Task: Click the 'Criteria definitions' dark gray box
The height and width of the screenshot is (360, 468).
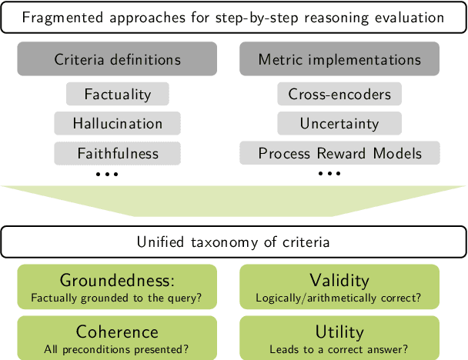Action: click(118, 60)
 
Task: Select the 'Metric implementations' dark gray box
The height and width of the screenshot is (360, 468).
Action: click(339, 60)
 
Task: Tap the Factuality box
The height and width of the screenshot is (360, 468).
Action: click(118, 95)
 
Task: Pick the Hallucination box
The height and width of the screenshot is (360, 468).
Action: click(118, 123)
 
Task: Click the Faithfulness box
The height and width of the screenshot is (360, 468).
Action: click(118, 152)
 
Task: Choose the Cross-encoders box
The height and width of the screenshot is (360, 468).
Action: click(339, 95)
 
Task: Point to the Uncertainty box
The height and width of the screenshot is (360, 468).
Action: click(339, 123)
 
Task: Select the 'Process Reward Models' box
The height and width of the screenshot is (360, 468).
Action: click(339, 152)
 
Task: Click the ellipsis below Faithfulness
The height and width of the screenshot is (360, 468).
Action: click(107, 175)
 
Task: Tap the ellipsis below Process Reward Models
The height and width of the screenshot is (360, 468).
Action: click(329, 175)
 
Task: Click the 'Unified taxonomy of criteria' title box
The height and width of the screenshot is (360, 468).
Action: click(233, 242)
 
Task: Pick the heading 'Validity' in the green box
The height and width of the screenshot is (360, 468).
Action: click(339, 281)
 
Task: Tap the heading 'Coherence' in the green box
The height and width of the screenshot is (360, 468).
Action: click(118, 332)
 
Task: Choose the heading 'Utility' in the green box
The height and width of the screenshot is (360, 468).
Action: click(339, 332)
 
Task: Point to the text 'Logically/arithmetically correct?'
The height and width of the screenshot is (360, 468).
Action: click(339, 298)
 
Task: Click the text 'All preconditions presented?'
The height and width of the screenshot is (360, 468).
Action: click(118, 348)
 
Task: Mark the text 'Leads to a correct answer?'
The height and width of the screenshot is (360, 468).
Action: click(339, 348)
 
